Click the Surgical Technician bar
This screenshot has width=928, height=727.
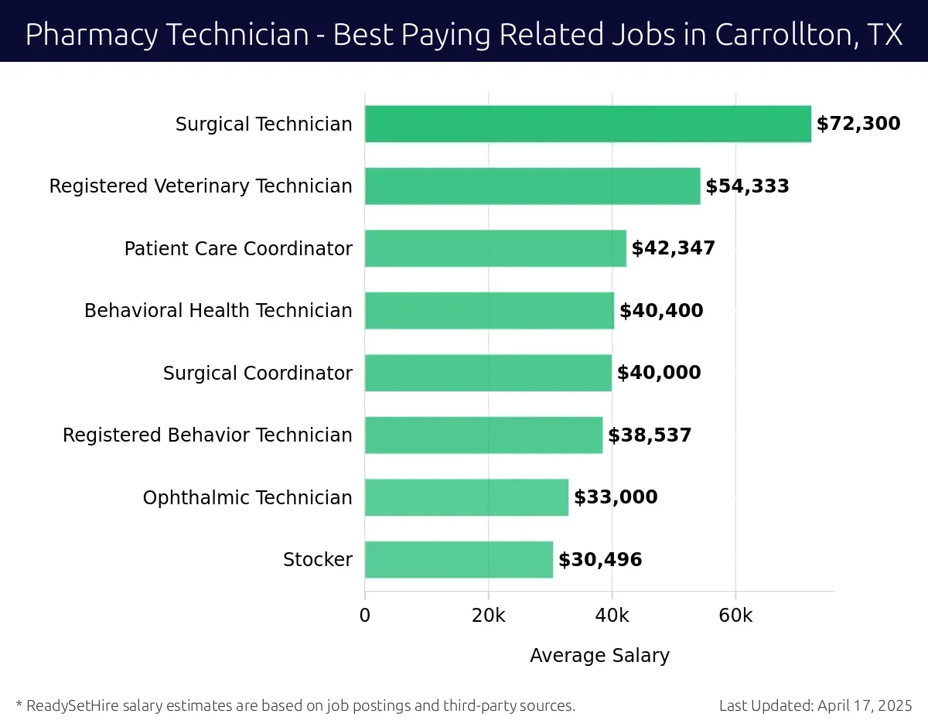(x=588, y=125)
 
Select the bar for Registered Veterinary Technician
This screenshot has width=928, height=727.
(x=532, y=186)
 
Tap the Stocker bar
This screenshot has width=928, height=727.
(x=459, y=559)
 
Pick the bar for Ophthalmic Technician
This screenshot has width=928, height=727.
(x=466, y=497)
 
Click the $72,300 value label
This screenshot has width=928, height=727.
(x=858, y=124)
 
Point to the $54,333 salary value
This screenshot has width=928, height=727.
(x=747, y=186)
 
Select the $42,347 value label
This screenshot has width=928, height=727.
(x=673, y=248)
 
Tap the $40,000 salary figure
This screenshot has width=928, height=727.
(x=659, y=373)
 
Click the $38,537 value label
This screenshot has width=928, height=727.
(x=650, y=435)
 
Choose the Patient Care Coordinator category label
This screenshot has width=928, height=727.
(x=238, y=249)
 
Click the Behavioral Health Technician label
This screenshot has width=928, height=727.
(x=218, y=311)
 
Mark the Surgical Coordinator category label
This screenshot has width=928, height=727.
(x=258, y=374)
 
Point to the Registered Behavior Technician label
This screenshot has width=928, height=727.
(x=207, y=435)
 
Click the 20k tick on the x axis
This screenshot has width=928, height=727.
(x=488, y=616)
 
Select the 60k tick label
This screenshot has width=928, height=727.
(x=735, y=616)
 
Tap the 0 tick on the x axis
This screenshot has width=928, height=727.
(x=365, y=616)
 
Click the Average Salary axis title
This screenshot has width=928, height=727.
(x=599, y=656)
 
